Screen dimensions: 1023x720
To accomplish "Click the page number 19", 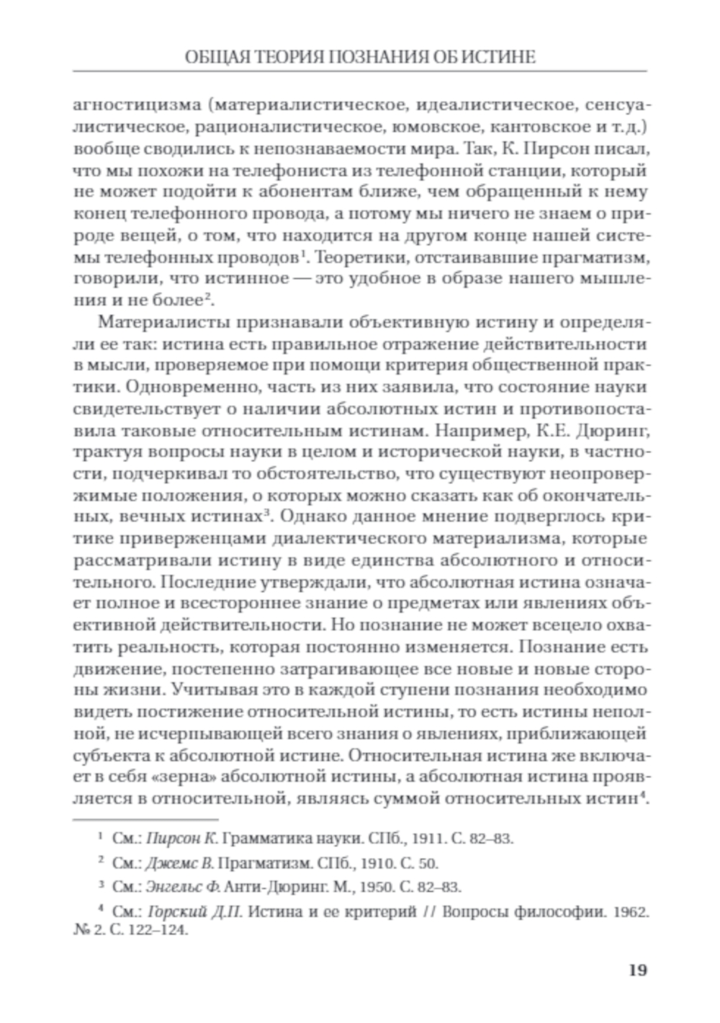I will pyautogui.click(x=637, y=969).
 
